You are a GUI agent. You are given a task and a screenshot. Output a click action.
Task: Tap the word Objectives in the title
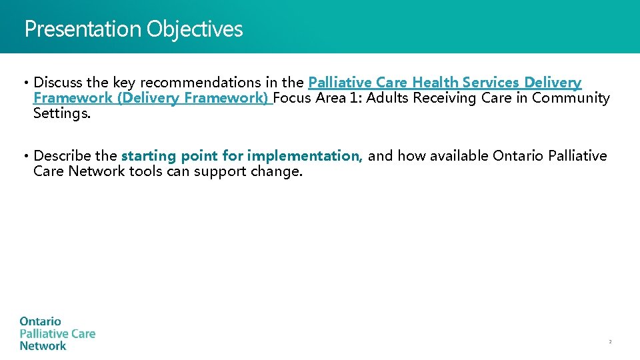click(x=195, y=29)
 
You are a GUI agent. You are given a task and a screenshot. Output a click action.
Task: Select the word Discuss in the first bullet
click(x=58, y=83)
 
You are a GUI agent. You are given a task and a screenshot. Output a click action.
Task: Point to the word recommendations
click(x=200, y=83)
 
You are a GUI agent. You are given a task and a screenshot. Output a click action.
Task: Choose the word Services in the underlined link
click(x=491, y=83)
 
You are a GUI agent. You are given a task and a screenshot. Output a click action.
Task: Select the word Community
click(x=571, y=98)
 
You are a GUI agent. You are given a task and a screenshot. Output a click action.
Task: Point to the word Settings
click(x=61, y=113)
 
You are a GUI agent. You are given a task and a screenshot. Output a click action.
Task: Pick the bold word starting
click(x=148, y=156)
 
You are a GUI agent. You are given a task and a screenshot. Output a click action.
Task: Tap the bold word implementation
click(x=305, y=156)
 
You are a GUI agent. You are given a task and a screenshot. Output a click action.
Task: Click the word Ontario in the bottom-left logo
click(x=40, y=322)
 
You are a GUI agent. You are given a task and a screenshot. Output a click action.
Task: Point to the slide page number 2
click(x=609, y=342)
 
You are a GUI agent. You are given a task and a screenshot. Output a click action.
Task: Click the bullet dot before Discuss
click(x=25, y=83)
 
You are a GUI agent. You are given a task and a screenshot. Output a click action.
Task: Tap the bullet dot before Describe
click(x=25, y=157)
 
